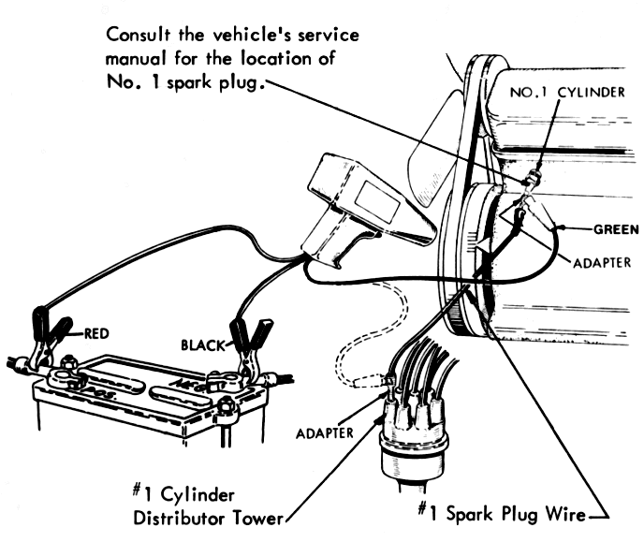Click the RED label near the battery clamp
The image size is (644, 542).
pos(100,331)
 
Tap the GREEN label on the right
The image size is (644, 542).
pos(616,227)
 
